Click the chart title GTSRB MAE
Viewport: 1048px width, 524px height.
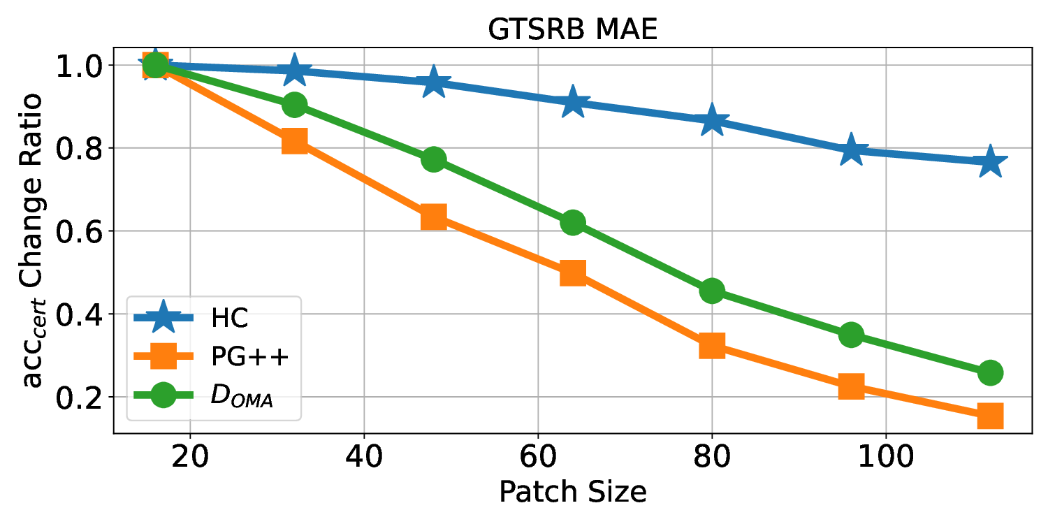572,31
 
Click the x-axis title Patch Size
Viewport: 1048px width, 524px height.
572,492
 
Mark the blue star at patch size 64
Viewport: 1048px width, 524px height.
572,103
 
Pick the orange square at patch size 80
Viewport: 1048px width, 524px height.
712,345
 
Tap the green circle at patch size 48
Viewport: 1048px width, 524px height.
434,159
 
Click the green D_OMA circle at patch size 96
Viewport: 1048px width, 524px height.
851,335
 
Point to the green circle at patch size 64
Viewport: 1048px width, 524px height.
572,223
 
